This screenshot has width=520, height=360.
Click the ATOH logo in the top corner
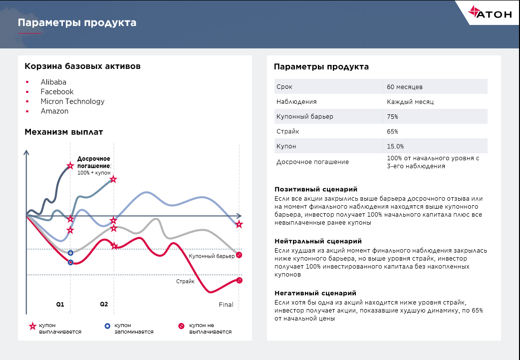coord(490,14)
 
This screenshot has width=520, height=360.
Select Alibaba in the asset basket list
coord(53,82)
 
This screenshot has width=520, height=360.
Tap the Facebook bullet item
coord(57,92)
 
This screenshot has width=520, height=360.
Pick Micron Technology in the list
coord(72,101)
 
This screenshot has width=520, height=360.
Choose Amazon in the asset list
coord(54,111)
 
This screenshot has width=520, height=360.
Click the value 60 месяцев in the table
coord(404,87)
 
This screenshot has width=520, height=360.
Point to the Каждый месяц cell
coord(410,102)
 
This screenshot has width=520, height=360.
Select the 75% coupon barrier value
coord(392,117)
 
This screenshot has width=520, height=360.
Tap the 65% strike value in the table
coord(392,132)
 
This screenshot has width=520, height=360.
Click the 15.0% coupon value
coord(395,147)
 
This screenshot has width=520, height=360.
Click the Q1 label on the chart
coord(60,304)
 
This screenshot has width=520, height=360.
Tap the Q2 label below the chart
coord(104,304)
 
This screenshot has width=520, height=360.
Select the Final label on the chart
coord(226,305)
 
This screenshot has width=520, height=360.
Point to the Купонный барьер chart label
coord(212,256)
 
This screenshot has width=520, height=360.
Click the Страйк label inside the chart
coord(185,282)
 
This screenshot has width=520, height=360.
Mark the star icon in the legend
coord(33,327)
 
